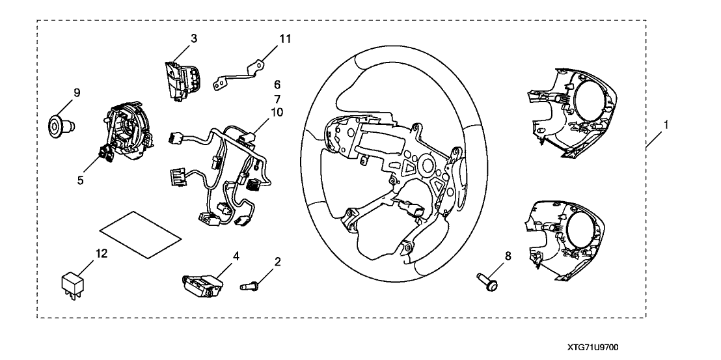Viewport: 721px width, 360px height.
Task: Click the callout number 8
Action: tap(508, 256)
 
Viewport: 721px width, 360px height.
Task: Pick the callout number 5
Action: tap(81, 178)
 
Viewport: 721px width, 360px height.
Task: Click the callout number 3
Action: tap(194, 38)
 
